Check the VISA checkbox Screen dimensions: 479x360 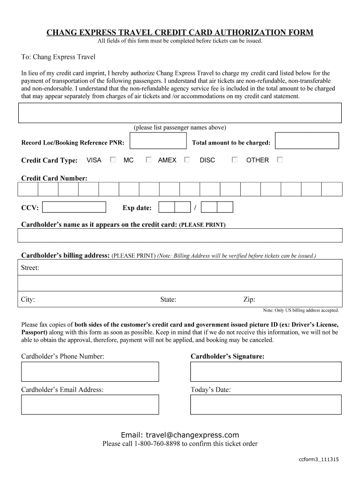[113, 160]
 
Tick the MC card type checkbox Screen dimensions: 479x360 [148, 160]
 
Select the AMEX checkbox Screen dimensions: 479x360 [187, 160]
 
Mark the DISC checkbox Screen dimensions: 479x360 [235, 160]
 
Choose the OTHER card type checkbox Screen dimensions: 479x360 [280, 160]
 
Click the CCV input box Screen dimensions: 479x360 [77, 207]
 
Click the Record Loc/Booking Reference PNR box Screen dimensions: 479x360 [158, 141]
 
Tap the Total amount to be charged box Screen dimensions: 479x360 [307, 141]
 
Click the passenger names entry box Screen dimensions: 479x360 [180, 113]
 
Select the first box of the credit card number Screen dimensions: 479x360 [28, 189]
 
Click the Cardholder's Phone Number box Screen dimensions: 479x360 [90, 371]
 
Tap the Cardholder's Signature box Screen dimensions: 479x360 [266, 371]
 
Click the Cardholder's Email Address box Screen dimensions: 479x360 [90, 405]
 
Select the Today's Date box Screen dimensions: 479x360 [266, 405]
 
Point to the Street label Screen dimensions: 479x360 [30, 268]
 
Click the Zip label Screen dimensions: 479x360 [249, 300]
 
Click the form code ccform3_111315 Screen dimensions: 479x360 [319, 459]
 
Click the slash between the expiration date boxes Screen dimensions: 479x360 [195, 208]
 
